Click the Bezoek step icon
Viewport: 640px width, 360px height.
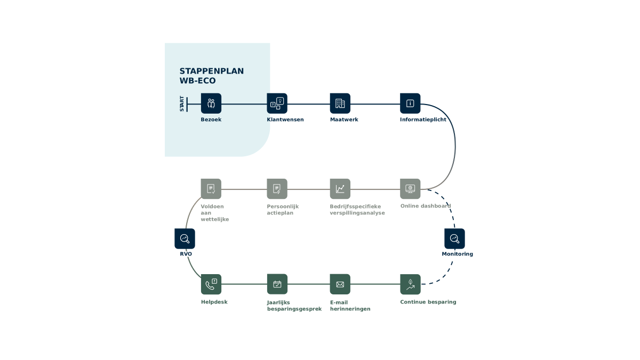pos(211,103)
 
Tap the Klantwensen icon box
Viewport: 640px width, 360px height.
pos(277,103)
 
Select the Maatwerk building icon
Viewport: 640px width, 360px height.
pos(340,103)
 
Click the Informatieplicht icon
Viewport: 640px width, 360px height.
pos(410,103)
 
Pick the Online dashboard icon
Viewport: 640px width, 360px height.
pos(410,189)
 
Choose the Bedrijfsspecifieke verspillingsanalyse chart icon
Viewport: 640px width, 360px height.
pos(340,189)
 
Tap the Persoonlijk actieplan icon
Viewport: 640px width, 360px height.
pos(277,189)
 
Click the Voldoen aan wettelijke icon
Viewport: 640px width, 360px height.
pos(211,189)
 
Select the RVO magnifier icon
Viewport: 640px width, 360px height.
pos(185,238)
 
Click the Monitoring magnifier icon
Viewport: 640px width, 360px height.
pos(454,238)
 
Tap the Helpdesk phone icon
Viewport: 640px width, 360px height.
pos(211,284)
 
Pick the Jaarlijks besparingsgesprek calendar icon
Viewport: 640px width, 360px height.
pos(277,284)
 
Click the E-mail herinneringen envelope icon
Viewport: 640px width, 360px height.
pos(340,284)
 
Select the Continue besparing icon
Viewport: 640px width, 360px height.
pos(410,284)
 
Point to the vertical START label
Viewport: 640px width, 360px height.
pos(182,103)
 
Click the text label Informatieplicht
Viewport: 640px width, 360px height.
pos(423,119)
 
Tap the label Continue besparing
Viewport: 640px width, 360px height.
pos(428,302)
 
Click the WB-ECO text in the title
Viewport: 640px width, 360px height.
pos(197,81)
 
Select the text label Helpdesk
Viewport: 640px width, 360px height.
pos(214,302)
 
